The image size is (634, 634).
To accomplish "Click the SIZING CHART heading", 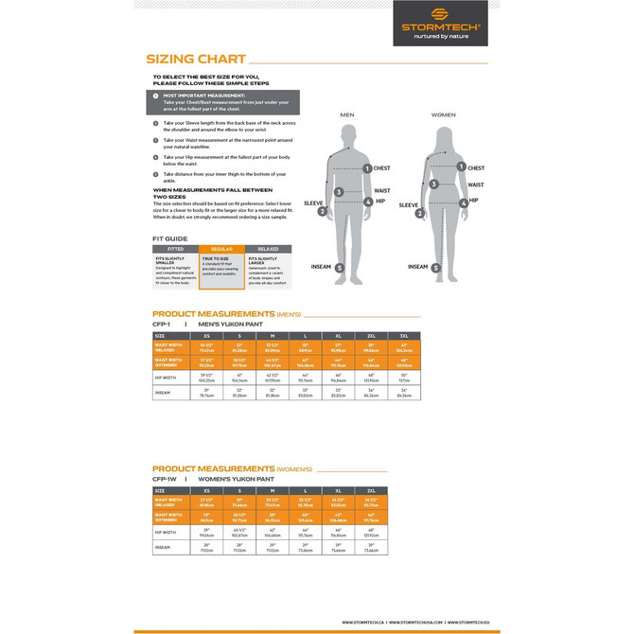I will [196, 59].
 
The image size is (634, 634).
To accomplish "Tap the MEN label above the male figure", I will [347, 114].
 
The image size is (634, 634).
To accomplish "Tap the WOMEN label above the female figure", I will [443, 114].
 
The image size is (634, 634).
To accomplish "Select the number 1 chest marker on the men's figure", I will [367, 167].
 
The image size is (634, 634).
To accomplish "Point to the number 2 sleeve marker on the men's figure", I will [323, 211].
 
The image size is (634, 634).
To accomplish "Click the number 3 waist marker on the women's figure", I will [432, 185].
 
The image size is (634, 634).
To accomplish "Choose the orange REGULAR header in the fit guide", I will [221, 249].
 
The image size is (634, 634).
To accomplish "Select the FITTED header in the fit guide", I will [175, 249].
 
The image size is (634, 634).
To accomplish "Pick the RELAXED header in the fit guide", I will [268, 249].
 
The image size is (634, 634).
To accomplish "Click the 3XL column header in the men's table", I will [404, 336].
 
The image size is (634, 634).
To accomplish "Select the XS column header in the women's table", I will [206, 491].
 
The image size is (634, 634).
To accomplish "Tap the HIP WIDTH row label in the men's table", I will [168, 377].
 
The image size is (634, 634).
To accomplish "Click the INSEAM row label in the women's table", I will [165, 546].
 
